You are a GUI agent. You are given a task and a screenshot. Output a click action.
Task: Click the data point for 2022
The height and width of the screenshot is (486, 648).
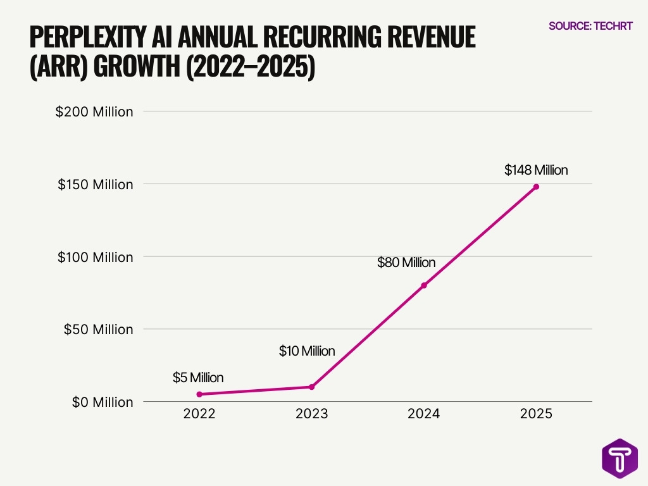pos(199,394)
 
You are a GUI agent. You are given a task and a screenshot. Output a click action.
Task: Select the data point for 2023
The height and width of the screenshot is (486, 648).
pos(311,387)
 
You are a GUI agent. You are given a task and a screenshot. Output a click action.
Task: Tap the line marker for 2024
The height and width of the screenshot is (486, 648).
pos(424,285)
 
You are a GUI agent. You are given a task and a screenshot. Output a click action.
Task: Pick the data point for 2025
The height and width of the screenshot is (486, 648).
pos(536,187)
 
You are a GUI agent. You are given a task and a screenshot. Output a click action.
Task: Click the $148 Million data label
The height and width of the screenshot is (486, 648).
pos(536,170)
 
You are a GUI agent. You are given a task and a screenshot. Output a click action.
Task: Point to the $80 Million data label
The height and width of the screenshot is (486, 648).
pos(406,263)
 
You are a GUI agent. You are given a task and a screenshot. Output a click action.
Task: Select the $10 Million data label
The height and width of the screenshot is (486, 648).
pos(307,351)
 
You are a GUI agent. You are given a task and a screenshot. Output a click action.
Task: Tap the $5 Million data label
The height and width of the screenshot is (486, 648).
pos(198,378)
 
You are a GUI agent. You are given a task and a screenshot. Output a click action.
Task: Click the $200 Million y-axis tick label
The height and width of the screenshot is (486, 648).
pos(94,112)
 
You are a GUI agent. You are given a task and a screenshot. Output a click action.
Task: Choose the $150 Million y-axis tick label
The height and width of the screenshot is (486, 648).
pos(96,185)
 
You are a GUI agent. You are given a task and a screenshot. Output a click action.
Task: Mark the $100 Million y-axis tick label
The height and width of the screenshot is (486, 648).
pos(96,258)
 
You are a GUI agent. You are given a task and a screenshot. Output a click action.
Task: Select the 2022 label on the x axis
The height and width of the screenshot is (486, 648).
pos(199,414)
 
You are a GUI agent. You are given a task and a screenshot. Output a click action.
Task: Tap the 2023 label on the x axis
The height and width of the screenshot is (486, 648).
pos(311,414)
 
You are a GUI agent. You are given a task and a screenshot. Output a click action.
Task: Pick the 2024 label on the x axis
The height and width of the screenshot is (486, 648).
pos(424,414)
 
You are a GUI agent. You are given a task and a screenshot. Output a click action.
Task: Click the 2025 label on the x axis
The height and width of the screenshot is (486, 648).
pos(536,414)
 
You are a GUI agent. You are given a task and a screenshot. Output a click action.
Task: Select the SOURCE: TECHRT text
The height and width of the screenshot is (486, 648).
pos(590,26)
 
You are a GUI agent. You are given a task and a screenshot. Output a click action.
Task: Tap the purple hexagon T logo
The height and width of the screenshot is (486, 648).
pos(620,459)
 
